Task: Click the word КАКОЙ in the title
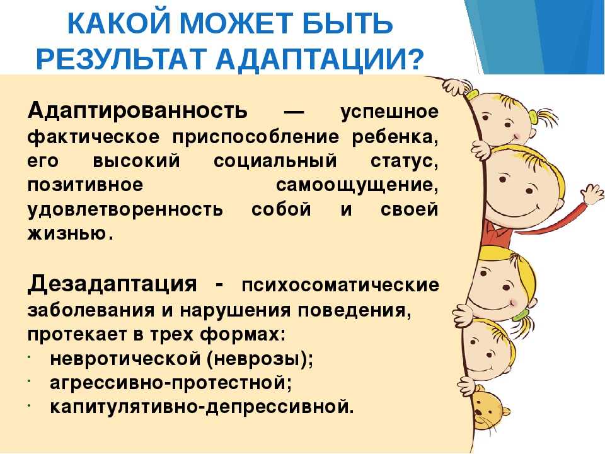(119, 23)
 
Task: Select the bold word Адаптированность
(137, 111)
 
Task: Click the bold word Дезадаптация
(112, 284)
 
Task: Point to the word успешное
(389, 112)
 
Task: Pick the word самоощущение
(357, 185)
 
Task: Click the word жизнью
(70, 233)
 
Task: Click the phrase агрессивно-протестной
(171, 383)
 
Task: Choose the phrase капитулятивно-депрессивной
(202, 407)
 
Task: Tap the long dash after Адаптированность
(294, 113)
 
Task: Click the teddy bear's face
(485, 409)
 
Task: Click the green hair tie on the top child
(534, 117)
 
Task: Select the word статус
(405, 161)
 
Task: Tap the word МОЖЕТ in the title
(235, 23)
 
